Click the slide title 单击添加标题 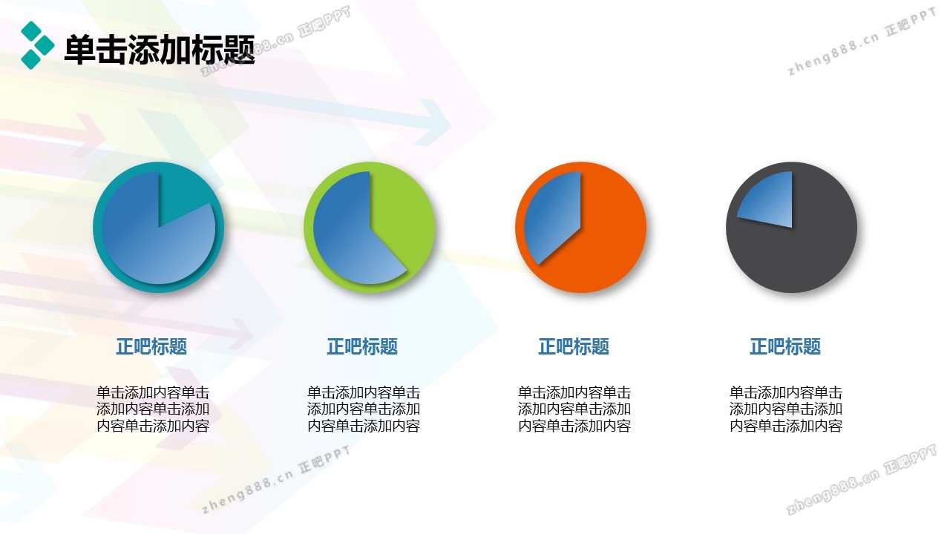pyautogui.click(x=160, y=50)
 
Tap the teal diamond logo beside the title pyautogui.click(x=38, y=45)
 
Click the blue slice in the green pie pyautogui.click(x=348, y=237)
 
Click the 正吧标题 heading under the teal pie pyautogui.click(x=151, y=346)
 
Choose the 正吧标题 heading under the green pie pyautogui.click(x=362, y=346)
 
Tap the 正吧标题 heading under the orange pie pyautogui.click(x=574, y=346)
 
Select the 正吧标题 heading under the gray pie pyautogui.click(x=785, y=346)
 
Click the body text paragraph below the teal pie pyautogui.click(x=153, y=409)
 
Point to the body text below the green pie pyautogui.click(x=364, y=409)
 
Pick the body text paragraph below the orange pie pyautogui.click(x=574, y=409)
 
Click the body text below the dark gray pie pyautogui.click(x=786, y=409)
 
